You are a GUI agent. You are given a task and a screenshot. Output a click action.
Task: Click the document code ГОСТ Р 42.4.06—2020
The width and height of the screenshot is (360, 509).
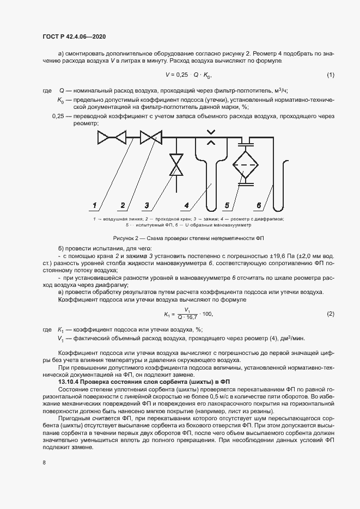74,36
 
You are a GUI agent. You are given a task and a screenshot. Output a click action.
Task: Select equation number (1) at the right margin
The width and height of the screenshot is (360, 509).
330,75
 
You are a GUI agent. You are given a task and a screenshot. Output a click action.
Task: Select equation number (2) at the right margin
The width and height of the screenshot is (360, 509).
330,314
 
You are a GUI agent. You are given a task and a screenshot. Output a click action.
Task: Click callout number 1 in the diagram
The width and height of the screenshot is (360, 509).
94,205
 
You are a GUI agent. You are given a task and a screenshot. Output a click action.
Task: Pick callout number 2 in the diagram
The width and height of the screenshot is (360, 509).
123,205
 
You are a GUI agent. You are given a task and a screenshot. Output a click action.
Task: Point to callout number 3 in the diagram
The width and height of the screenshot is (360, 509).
147,205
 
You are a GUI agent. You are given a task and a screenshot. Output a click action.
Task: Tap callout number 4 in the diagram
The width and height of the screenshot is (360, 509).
186,205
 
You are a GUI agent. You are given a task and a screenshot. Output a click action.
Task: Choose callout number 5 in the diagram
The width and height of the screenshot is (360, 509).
228,205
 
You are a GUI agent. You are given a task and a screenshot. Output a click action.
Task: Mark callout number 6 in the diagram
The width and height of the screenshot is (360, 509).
259,205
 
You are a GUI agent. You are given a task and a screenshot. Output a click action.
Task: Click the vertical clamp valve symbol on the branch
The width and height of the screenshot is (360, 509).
176,164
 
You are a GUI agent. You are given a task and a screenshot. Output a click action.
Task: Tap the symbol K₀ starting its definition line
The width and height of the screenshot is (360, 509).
60,100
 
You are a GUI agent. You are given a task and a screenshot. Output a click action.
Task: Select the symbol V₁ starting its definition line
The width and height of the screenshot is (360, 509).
60,338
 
